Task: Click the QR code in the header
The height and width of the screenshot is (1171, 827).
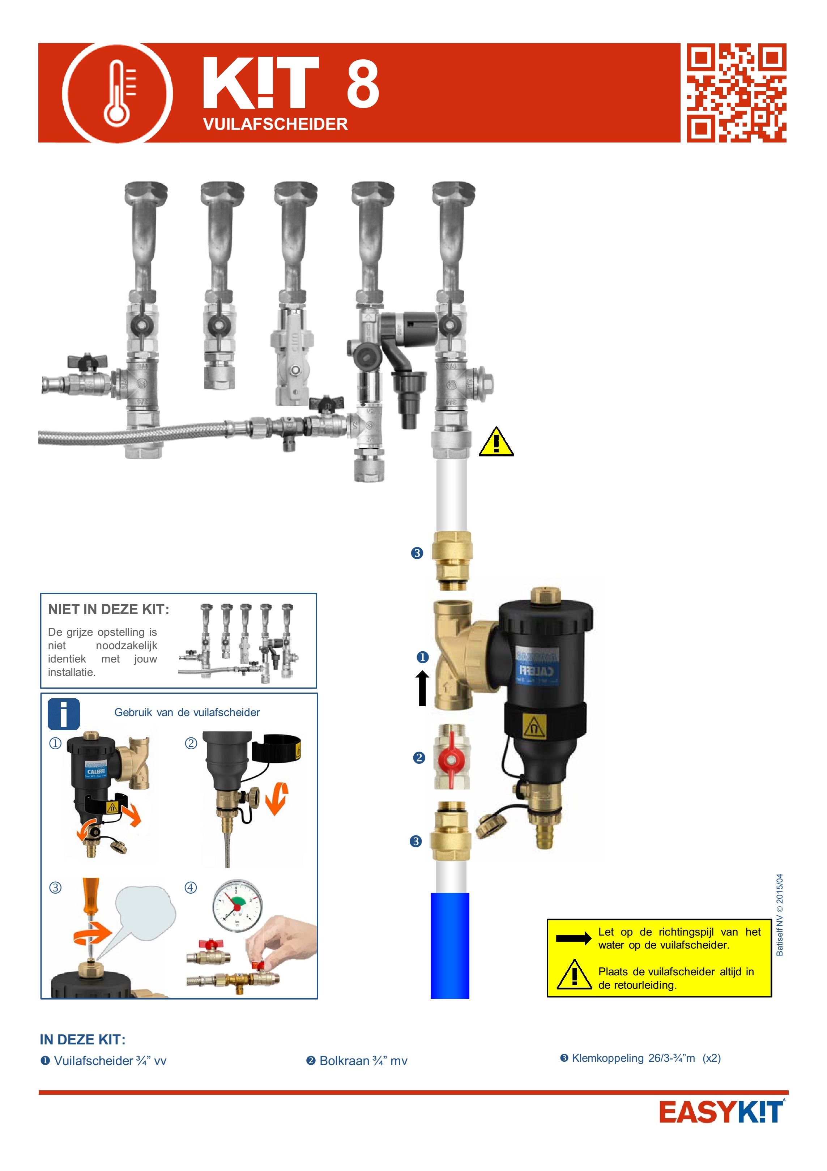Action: coord(736,93)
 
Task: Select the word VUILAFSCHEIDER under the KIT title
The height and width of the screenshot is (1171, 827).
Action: coord(275,124)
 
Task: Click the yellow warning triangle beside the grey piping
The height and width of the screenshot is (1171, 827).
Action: coord(496,442)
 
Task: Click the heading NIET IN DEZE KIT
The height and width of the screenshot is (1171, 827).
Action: coord(108,609)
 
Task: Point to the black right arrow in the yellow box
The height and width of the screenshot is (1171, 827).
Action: coord(573,938)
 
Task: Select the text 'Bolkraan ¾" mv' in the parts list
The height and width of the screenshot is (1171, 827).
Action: coord(363,1061)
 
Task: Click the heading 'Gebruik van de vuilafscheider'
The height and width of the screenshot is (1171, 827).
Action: coord(187,712)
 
